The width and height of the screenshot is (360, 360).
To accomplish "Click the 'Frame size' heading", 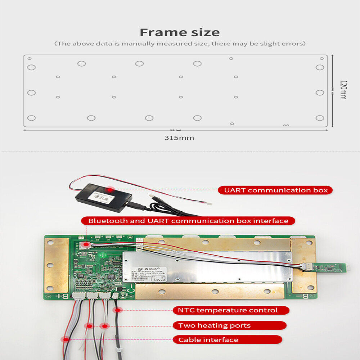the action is click(180, 32).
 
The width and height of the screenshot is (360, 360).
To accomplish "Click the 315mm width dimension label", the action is click(179, 138).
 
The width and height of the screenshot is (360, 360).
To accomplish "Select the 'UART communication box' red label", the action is click(275, 190).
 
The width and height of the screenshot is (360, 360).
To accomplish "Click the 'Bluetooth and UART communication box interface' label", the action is click(188, 221).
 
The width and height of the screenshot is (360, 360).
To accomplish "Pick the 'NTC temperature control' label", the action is click(228, 310).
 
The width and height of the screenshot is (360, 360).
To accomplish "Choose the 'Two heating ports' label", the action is click(215, 325).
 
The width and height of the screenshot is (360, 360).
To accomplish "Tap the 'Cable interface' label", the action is click(208, 339).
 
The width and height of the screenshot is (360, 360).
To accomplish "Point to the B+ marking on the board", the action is click(58, 296).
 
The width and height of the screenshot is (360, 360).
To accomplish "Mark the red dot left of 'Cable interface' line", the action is click(66, 339).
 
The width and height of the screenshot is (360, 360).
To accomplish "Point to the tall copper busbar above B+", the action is click(56, 265).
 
